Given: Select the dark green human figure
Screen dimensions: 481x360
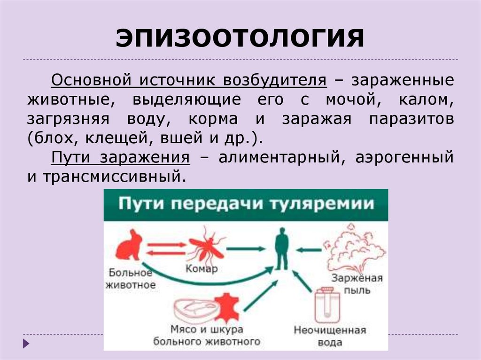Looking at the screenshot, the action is pos(282,248).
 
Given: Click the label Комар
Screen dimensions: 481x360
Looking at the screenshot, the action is pos(202,269).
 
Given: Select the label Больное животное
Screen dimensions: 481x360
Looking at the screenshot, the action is pos(131,279).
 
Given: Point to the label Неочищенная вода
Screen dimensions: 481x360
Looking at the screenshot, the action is pos(330,336).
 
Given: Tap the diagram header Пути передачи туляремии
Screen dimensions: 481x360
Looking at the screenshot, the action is pos(246,205).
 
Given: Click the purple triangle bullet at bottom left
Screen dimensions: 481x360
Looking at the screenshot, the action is pos(26,344).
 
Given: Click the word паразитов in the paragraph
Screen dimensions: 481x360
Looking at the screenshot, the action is pos(411,119).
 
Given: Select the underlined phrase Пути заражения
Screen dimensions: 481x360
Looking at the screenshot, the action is pos(121,157).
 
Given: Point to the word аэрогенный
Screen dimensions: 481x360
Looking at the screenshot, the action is pos(405,157).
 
